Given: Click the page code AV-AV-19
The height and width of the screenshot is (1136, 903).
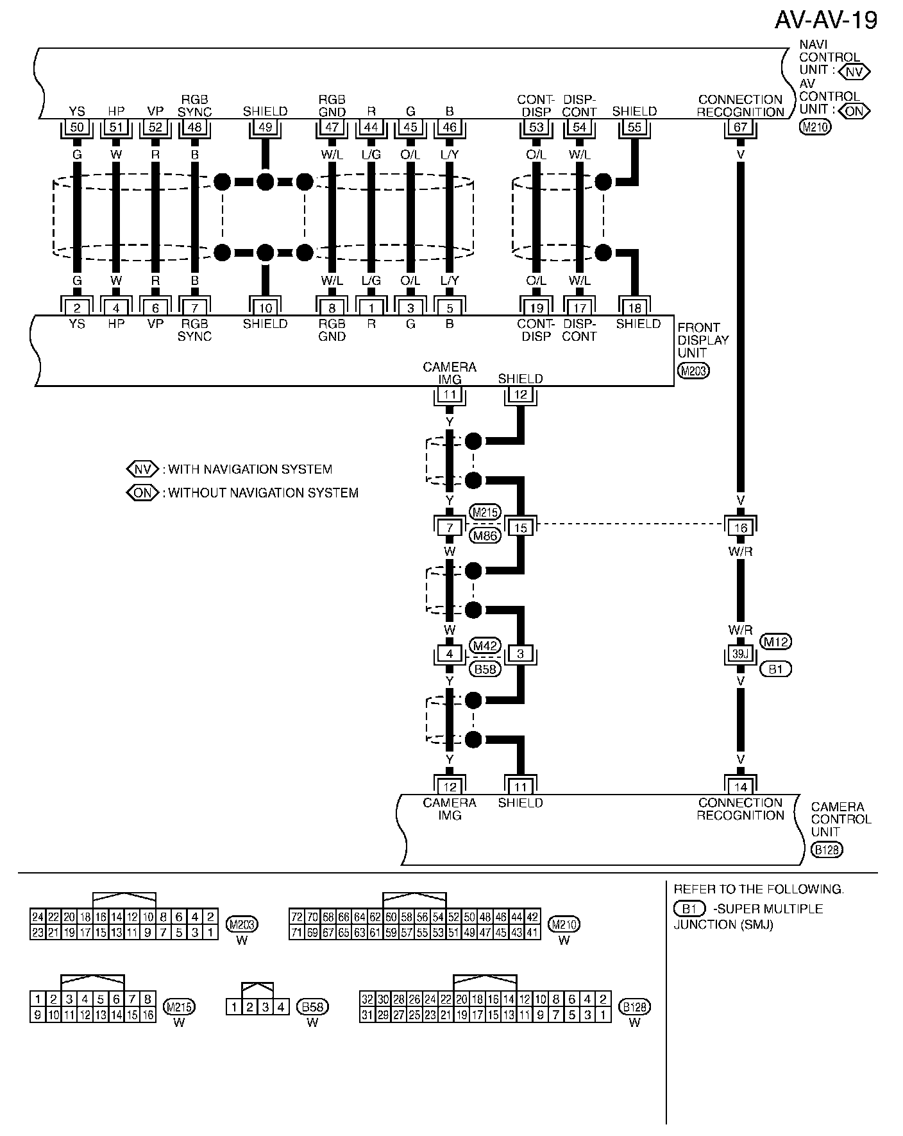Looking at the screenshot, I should pos(825,21).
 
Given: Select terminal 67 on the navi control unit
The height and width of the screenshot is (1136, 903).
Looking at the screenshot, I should pos(740,127).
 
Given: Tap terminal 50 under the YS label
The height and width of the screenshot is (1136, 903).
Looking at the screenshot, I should pos(77,127).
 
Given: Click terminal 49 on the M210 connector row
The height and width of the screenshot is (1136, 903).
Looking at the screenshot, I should pos(265,127).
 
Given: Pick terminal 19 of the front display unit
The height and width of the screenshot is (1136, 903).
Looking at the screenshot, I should pos(536,308).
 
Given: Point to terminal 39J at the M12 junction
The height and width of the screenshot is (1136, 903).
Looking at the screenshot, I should pos(740,654).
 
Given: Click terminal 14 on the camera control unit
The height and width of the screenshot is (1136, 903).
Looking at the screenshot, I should pos(740,787).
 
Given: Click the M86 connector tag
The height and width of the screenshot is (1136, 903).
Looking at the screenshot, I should pos(485,535).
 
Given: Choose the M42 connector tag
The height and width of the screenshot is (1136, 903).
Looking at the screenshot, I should pos(485,644).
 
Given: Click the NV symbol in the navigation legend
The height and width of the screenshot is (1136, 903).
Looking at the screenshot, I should pos(142,469).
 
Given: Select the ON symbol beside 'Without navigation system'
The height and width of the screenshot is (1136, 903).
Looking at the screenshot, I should pos(142,493).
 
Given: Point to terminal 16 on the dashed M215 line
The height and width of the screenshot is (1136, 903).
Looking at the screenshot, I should pos(740,528).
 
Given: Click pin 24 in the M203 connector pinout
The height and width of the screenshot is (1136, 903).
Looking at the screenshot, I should pos(38,917).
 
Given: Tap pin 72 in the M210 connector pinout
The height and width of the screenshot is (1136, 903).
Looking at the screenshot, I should pos(296,917).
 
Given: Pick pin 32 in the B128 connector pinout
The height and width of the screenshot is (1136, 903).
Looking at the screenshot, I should pos(367,999).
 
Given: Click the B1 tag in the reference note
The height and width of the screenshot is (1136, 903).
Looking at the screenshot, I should pos(689,909).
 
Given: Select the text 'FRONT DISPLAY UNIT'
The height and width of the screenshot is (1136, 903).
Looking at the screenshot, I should pos(702,340).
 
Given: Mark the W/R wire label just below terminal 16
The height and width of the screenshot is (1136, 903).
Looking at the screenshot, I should pos(740,551).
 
